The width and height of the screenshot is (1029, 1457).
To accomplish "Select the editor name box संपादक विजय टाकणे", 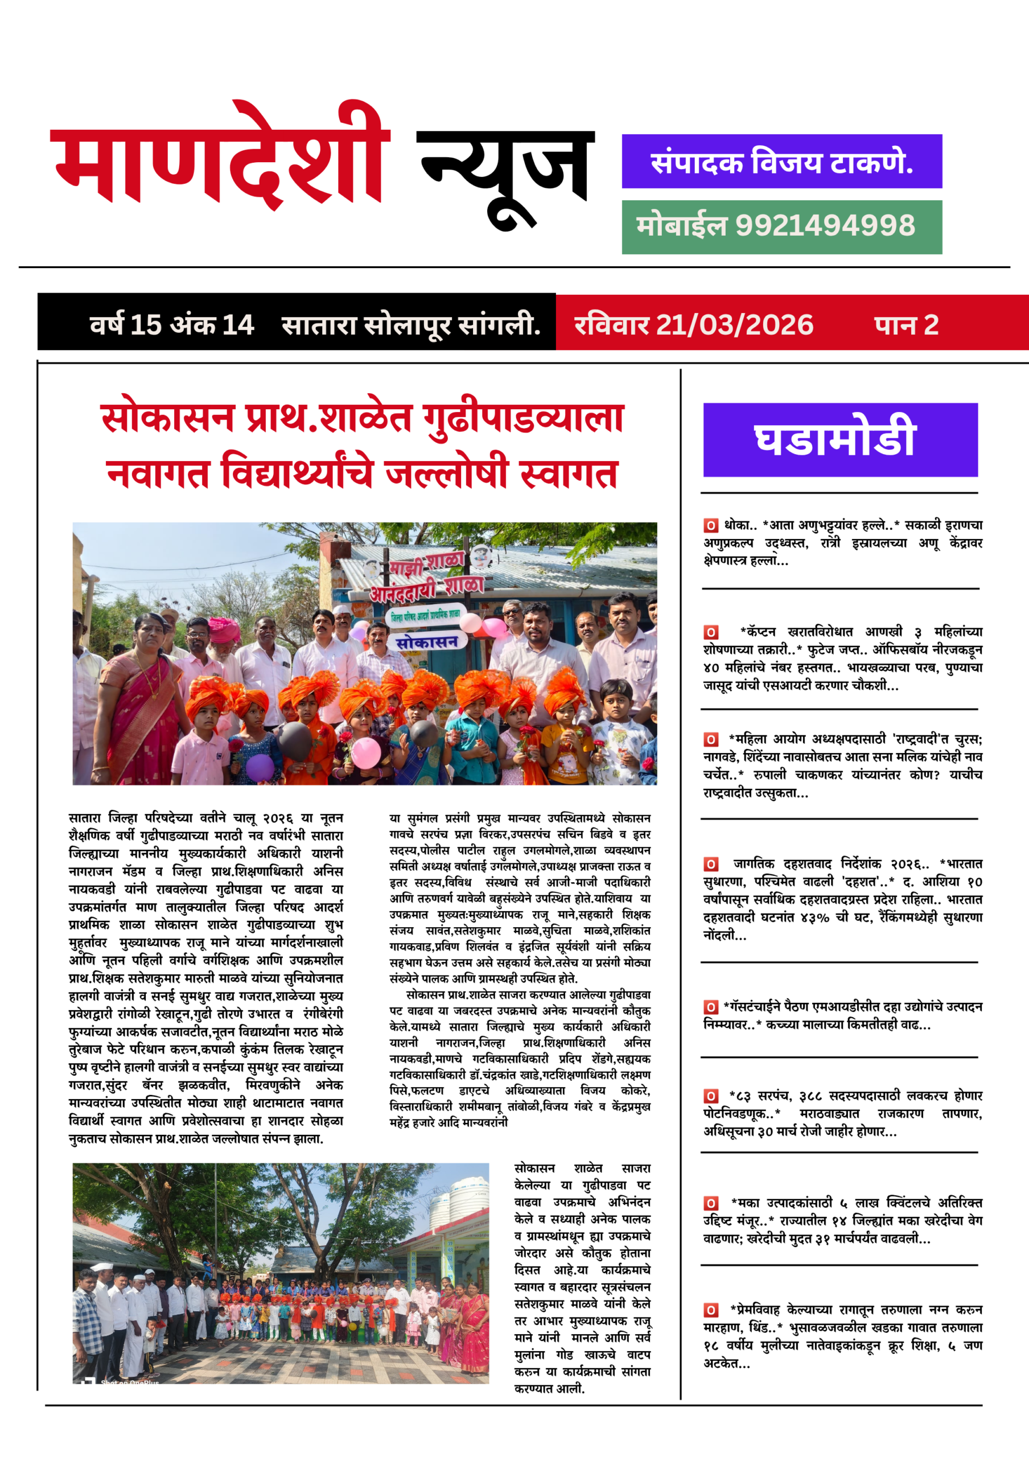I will pos(781,161).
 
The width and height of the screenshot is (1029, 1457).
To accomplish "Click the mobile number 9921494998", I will pos(825,226).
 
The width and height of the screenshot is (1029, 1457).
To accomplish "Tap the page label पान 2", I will pos(906,325).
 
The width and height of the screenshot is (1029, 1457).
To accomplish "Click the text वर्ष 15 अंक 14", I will pos(171,325).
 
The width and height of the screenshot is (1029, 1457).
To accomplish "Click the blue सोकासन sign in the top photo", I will pos(427,641).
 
